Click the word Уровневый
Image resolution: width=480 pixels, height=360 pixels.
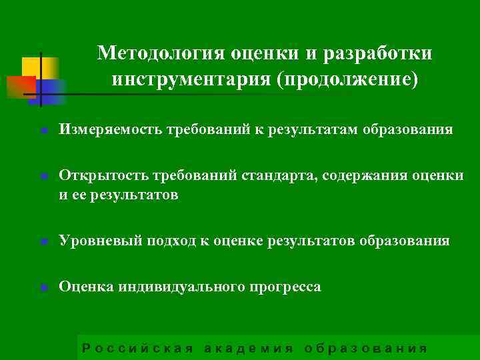(97, 240)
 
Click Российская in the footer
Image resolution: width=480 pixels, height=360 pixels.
(137, 347)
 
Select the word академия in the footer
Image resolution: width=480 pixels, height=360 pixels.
(249, 347)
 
